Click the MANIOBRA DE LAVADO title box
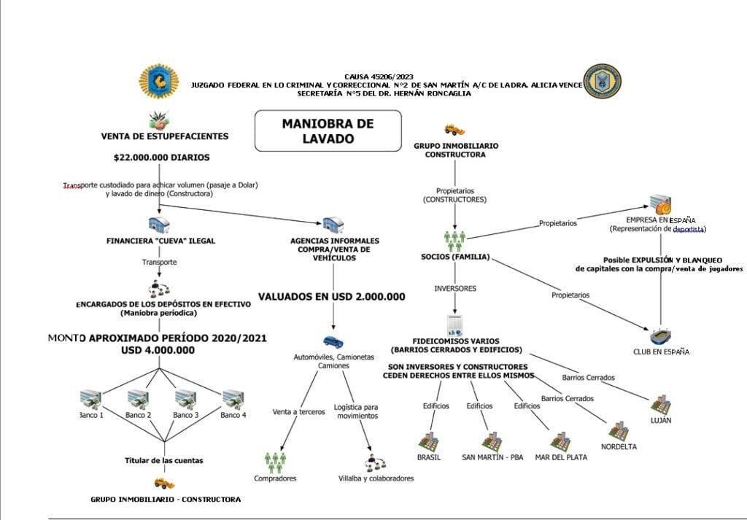pyautogui.click(x=328, y=131)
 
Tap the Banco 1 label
pyautogui.click(x=91, y=415)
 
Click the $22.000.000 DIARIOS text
pyautogui.click(x=161, y=157)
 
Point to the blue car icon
pyautogui.click(x=333, y=341)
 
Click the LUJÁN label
pyautogui.click(x=661, y=420)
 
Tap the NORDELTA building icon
pyautogui.click(x=619, y=430)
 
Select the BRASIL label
pyautogui.click(x=429, y=457)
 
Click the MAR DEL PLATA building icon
pyautogui.click(x=560, y=441)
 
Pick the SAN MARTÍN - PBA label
pyautogui.click(x=492, y=457)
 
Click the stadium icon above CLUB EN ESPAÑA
pyautogui.click(x=660, y=336)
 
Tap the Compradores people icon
pyautogui.click(x=275, y=461)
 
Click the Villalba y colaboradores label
pyautogui.click(x=376, y=478)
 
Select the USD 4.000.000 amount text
pyautogui.click(x=158, y=350)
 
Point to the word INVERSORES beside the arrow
pyautogui.click(x=455, y=288)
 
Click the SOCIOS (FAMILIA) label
pyautogui.click(x=455, y=257)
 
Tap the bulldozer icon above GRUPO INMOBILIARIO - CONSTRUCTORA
pyautogui.click(x=165, y=482)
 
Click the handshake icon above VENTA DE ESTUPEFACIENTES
pyautogui.click(x=159, y=118)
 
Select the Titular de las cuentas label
pyautogui.click(x=163, y=460)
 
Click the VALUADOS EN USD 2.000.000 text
pyautogui.click(x=332, y=297)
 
